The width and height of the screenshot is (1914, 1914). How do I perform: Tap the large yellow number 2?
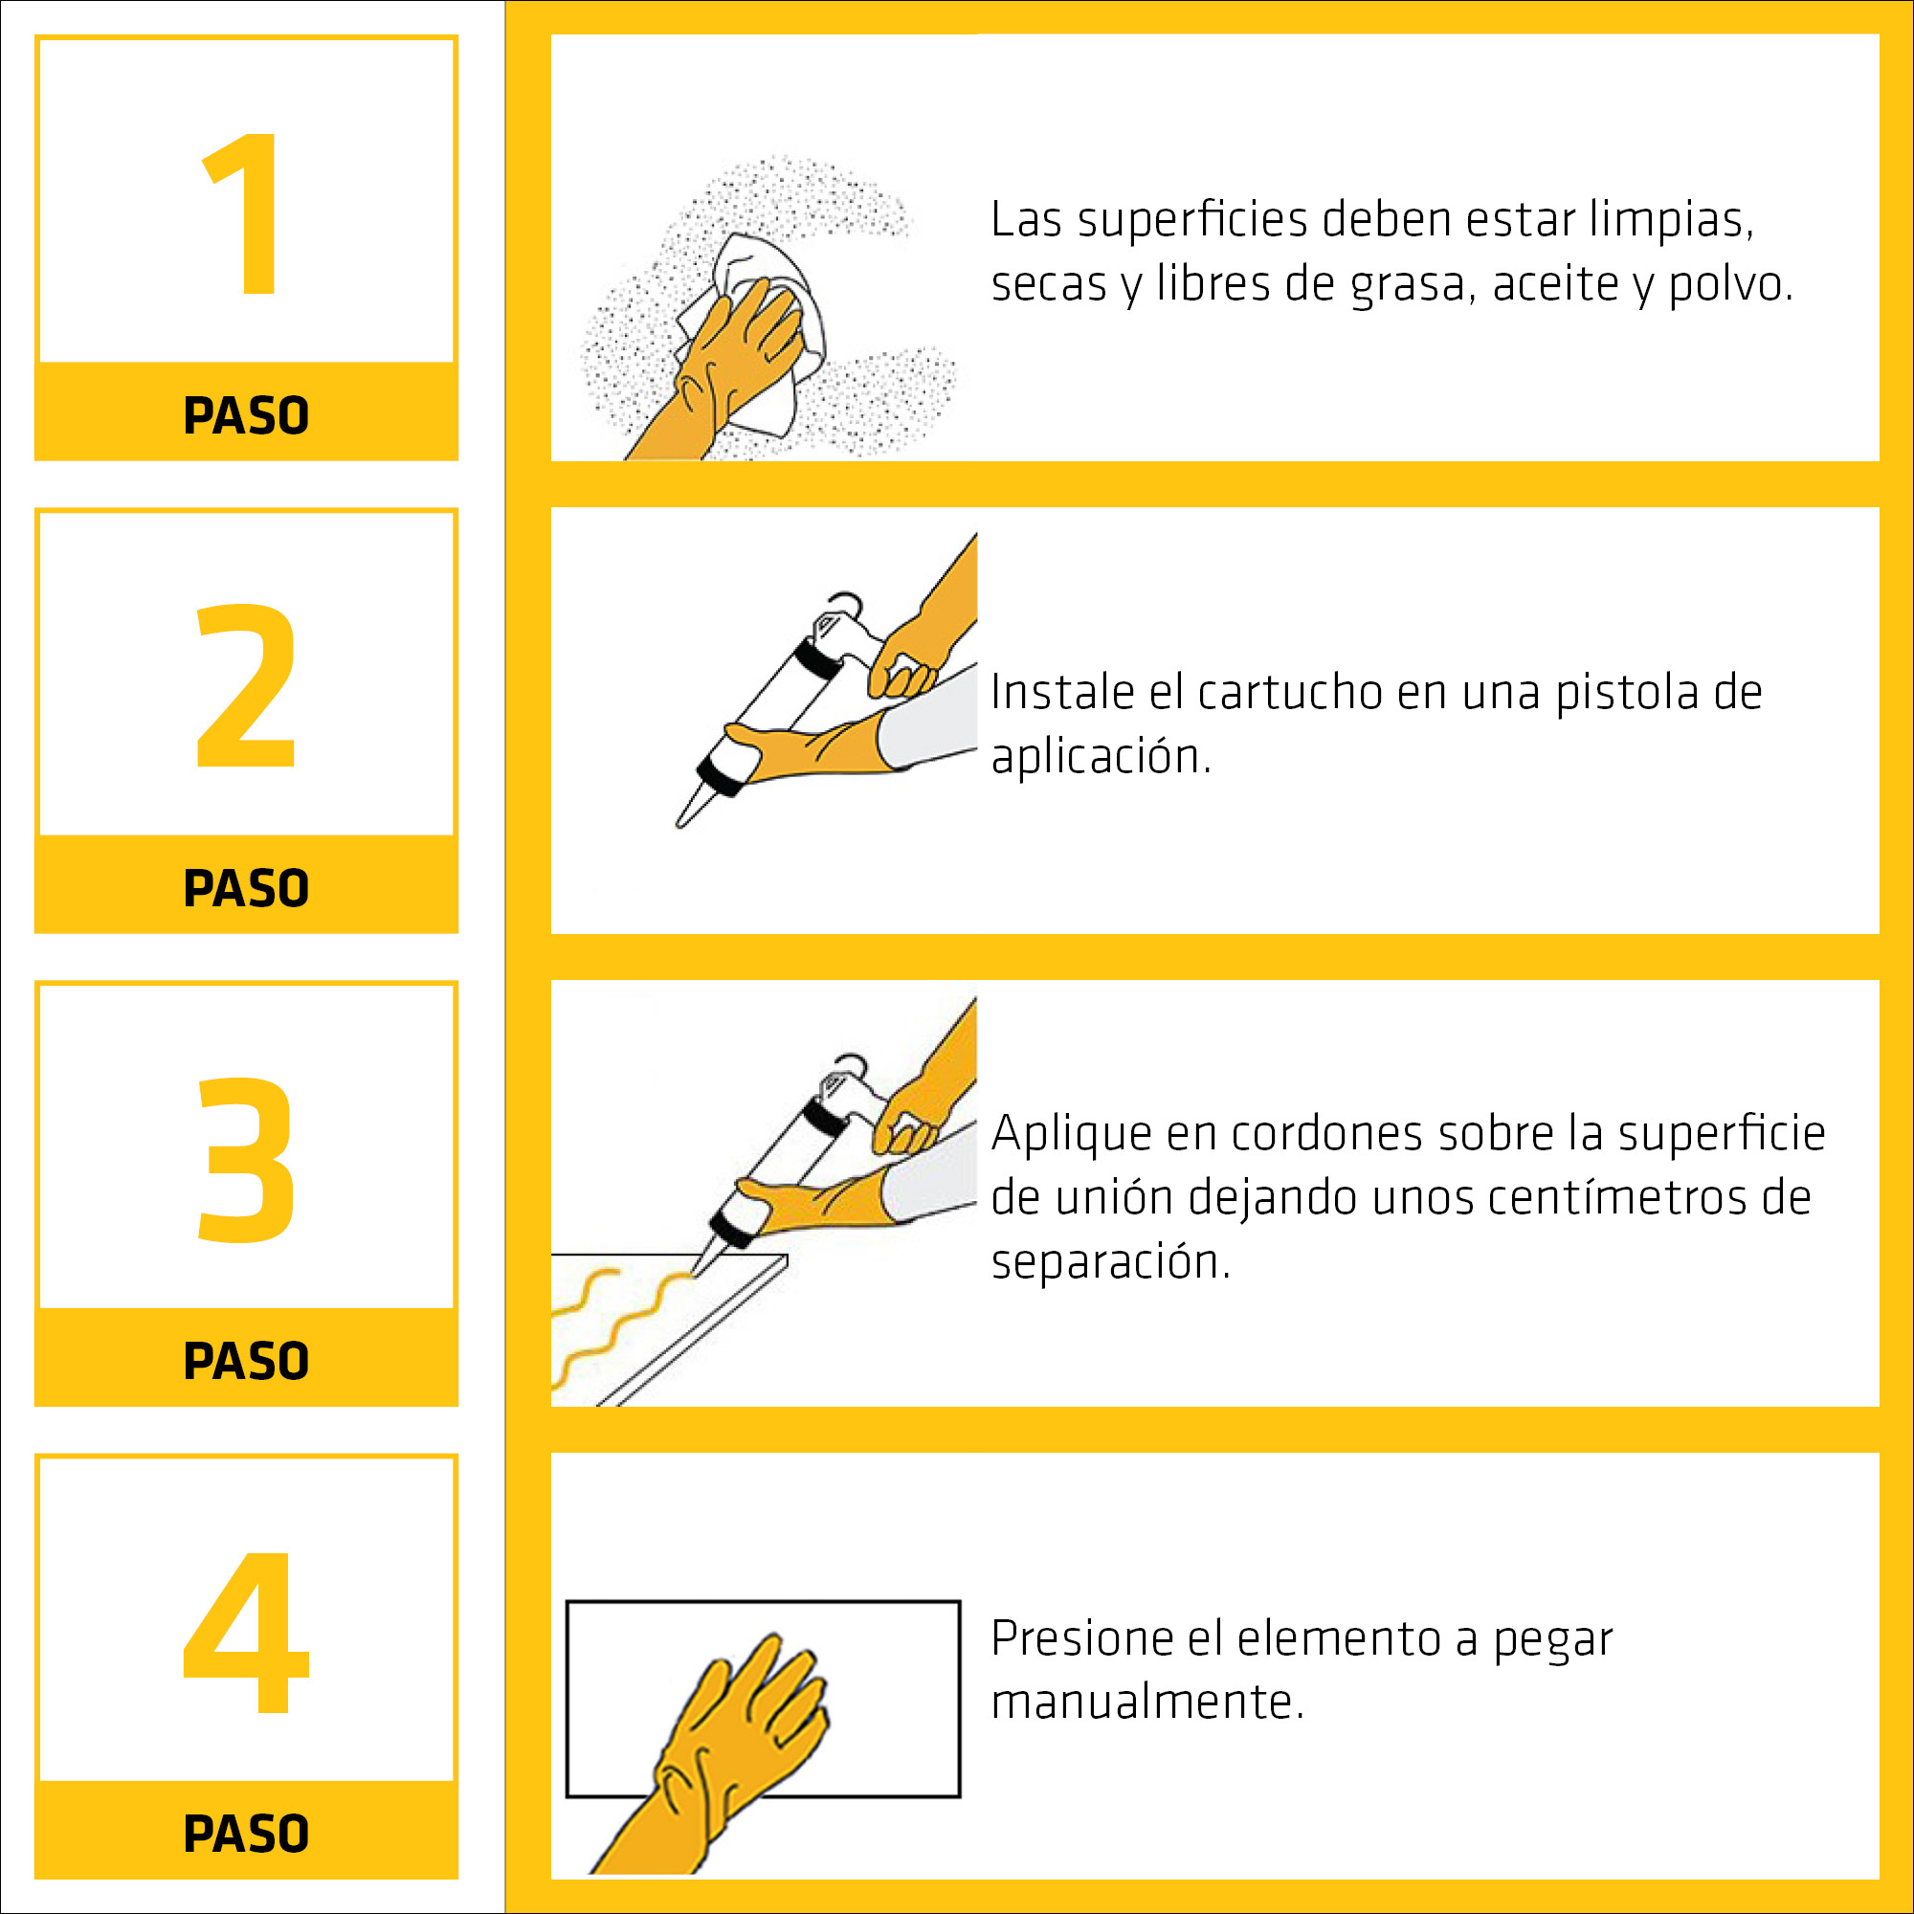coord(247,685)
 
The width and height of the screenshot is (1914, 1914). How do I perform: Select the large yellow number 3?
coord(247,1158)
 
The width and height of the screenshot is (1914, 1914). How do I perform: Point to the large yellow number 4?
coord(247,1632)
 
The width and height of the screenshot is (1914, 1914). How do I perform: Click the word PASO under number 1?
coord(247,415)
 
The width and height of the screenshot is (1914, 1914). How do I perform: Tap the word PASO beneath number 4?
coord(247,1834)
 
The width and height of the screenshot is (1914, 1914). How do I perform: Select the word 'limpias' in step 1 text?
coord(1671,220)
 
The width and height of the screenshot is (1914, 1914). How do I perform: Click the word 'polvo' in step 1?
coord(1729,285)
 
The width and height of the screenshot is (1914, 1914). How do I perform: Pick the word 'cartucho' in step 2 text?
coord(1290,693)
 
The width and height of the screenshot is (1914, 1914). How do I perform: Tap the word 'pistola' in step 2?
coord(1626,694)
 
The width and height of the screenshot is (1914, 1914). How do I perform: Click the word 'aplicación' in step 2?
coord(1101,758)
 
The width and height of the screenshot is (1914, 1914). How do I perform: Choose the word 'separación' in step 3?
coord(1110,1263)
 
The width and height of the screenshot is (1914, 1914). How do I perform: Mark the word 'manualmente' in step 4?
coord(1147,1703)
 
